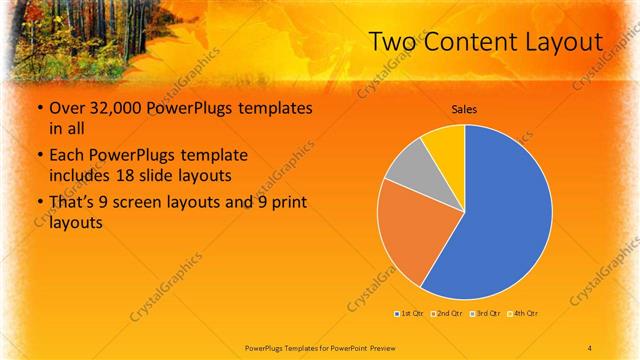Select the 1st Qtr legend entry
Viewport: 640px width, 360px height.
(x=411, y=314)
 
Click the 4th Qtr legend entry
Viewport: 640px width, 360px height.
(x=524, y=314)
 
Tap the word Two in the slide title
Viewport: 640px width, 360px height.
(x=394, y=42)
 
